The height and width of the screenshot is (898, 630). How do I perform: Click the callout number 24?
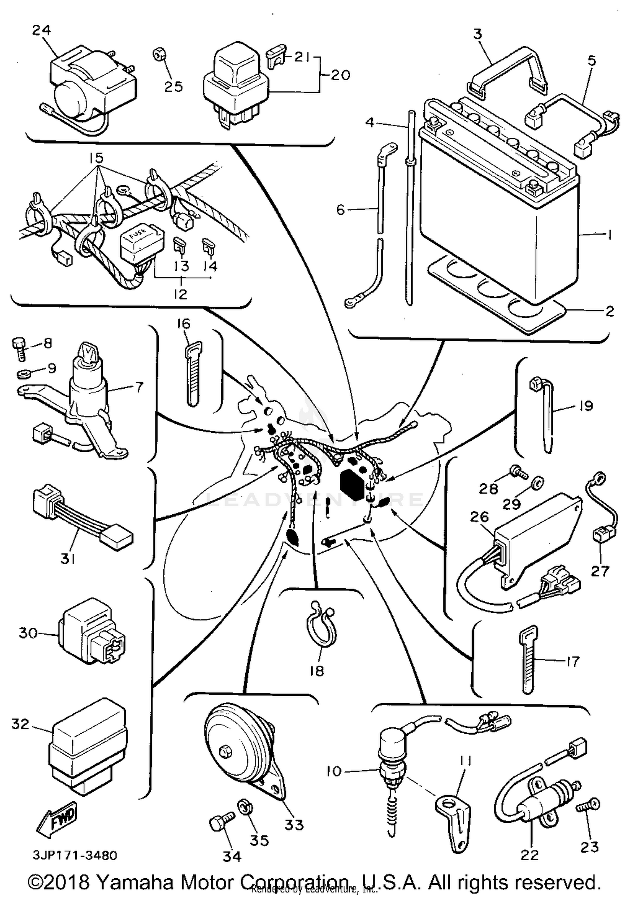42,30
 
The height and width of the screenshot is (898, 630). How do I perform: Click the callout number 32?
21,724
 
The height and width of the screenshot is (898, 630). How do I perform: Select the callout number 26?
479,517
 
